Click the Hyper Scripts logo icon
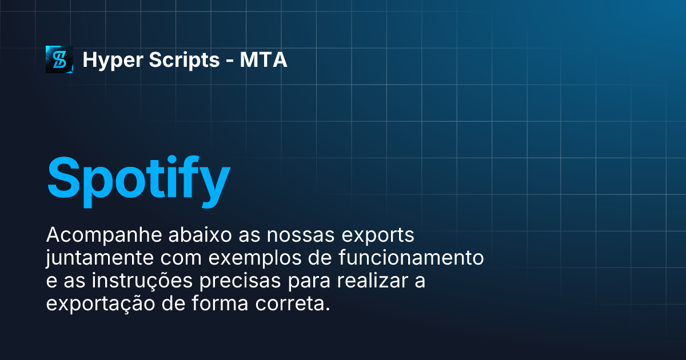point(59,59)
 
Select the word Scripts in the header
point(176,60)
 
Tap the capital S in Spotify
point(65,176)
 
